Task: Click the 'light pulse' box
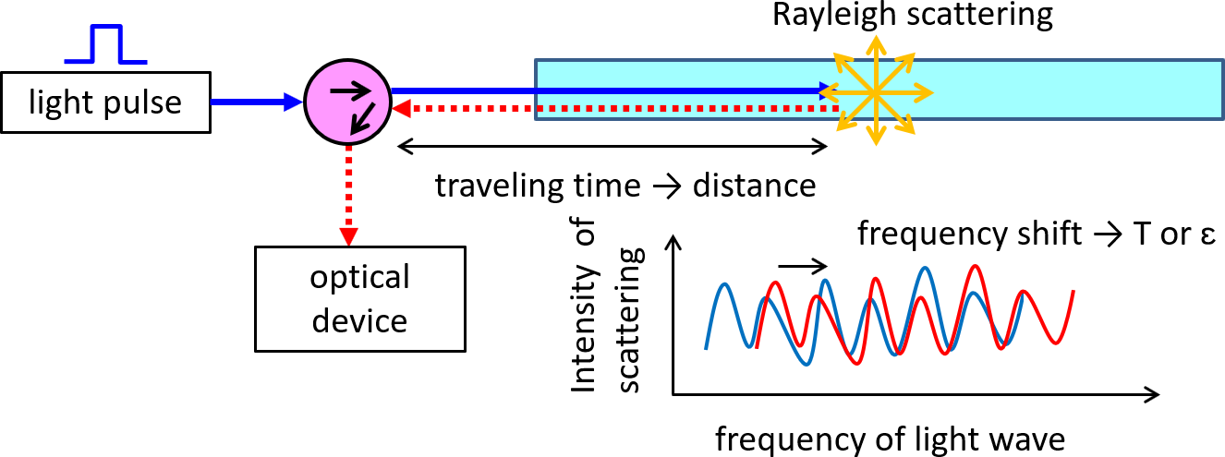(106, 102)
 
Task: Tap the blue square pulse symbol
(106, 45)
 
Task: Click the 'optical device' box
(360, 298)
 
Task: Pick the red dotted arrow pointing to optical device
(349, 194)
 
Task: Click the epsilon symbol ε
(1183, 235)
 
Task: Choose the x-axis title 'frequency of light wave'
(890, 438)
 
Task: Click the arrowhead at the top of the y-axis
(675, 244)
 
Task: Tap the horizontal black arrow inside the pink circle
(344, 90)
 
